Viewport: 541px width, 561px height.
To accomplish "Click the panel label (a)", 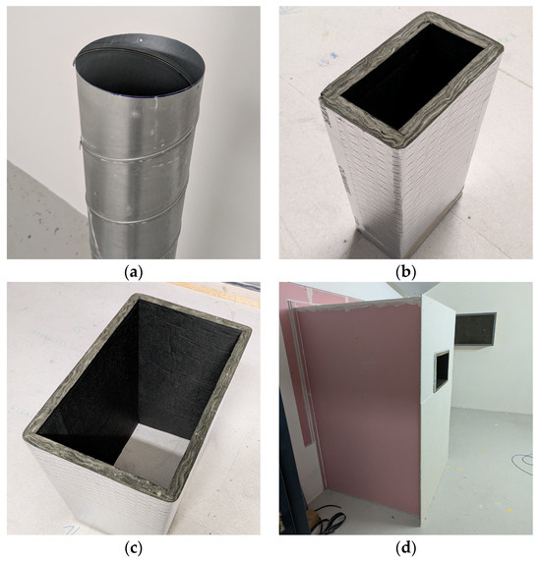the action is click(x=134, y=273).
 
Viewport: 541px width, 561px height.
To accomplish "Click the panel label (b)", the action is click(x=406, y=273).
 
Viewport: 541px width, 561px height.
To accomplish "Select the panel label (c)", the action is click(x=134, y=548).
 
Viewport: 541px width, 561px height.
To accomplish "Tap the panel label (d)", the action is click(x=406, y=548).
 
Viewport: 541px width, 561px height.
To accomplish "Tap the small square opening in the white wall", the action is click(x=442, y=370).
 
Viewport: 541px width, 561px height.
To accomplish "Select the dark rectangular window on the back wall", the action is click(x=475, y=328).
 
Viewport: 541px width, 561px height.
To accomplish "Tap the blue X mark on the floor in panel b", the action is click(x=334, y=55).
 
